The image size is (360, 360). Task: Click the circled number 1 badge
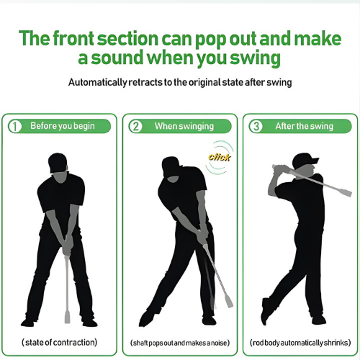(14, 126)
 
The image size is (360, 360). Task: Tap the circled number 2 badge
(135, 126)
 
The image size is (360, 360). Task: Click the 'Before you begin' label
(62, 126)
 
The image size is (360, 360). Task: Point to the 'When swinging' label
(184, 126)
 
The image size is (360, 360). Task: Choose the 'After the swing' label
(304, 126)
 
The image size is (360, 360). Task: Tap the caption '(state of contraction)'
(59, 341)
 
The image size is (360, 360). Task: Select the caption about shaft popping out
(179, 341)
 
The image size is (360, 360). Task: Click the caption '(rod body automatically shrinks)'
(300, 341)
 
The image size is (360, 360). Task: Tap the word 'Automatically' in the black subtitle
(99, 82)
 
